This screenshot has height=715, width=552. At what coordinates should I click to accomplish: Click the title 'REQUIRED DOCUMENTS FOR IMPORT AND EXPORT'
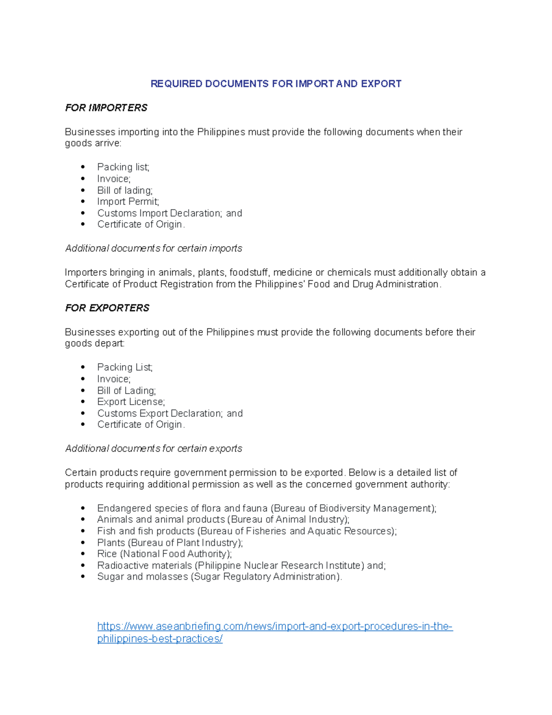point(276,84)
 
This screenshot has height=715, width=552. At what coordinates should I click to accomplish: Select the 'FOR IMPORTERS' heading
point(106,108)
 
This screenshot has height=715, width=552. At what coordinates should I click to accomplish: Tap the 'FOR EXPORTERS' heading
point(107,308)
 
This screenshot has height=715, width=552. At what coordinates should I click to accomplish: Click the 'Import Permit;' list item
point(128,202)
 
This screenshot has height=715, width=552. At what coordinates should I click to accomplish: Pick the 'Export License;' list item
point(131,402)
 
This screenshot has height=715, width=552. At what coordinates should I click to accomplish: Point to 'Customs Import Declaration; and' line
point(169,213)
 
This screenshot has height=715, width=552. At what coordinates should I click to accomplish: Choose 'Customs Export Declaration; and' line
point(170,413)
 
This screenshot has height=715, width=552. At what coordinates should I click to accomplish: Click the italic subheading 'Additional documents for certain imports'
point(154,249)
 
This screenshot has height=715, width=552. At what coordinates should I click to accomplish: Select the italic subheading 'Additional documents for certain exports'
point(154,449)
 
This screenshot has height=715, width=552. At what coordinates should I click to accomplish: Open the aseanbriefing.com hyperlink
point(275,627)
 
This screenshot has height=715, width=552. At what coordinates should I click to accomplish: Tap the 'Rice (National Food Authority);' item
point(164,554)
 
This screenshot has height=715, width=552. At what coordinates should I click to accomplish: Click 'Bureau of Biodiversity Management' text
point(352,508)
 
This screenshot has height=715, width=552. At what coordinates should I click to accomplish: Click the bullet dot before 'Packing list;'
point(83,167)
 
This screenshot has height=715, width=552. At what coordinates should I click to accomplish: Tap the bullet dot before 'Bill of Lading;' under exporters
point(83,390)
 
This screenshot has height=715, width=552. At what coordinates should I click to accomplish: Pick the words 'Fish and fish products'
point(146,531)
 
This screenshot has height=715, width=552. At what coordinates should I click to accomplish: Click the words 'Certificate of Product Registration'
point(139,284)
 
